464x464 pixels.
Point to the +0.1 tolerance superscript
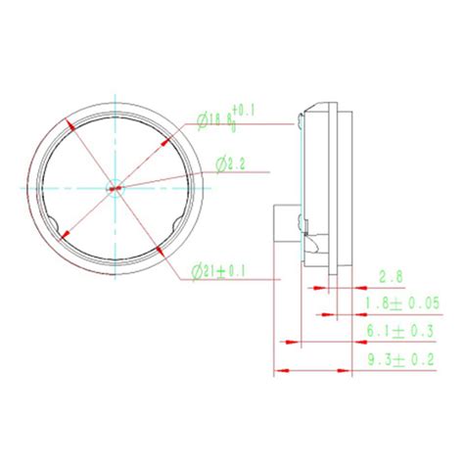pos(243,111)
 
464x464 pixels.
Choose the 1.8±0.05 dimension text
pos(401,305)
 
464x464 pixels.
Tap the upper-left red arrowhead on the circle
pos(70,124)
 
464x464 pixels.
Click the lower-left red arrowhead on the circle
pos(64,234)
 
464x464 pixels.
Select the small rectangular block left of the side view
pos(284,225)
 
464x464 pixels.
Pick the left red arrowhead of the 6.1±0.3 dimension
pos(286,343)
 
